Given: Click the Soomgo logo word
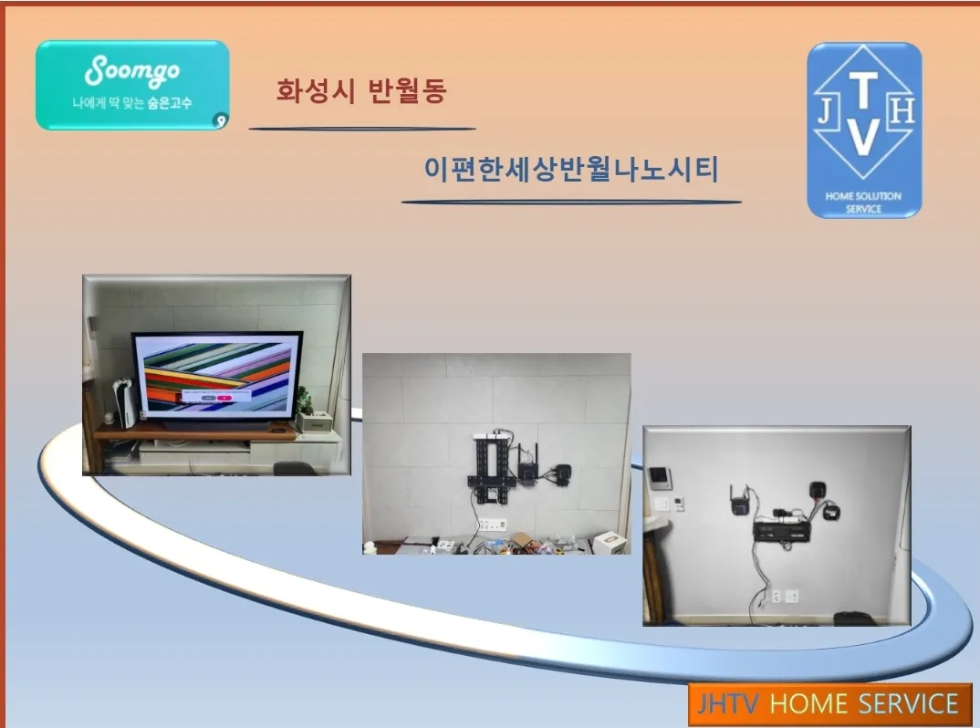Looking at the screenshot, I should tap(132, 71).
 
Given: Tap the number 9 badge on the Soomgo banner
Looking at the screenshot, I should tap(219, 120).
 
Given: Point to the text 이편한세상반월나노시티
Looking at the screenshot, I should tap(571, 170).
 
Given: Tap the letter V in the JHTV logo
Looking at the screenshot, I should tap(864, 137).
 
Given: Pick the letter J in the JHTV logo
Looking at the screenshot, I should tap(826, 113).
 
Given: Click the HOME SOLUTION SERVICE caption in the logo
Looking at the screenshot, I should tap(863, 203).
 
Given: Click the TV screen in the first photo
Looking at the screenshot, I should tap(217, 376).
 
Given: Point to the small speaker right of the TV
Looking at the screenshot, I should tap(312, 421).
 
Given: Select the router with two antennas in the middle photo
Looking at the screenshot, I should tap(528, 468).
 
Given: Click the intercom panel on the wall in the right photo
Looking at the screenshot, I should tap(660, 478).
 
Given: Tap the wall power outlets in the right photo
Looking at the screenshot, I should tap(784, 597).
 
